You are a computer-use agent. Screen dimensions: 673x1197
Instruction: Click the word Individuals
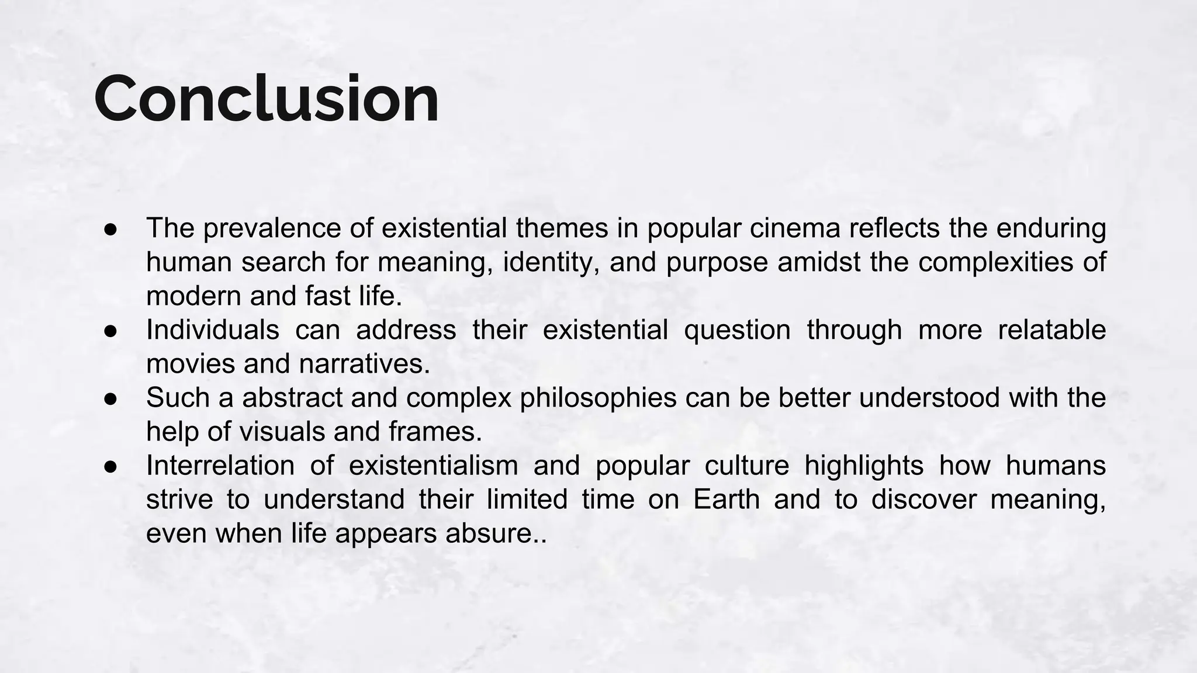213,329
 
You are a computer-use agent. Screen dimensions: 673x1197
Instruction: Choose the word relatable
1051,329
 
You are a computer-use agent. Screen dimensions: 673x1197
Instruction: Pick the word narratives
364,363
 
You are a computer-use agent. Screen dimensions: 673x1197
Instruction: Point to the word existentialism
433,465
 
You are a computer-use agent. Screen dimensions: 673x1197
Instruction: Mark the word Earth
726,499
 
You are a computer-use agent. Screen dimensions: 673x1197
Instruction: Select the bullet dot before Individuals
111,331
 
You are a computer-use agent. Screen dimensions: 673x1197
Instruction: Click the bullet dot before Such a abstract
111,398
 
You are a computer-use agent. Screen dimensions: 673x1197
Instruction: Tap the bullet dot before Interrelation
111,466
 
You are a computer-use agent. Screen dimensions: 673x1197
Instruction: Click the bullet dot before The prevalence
111,229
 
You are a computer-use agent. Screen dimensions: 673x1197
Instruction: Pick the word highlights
864,465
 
